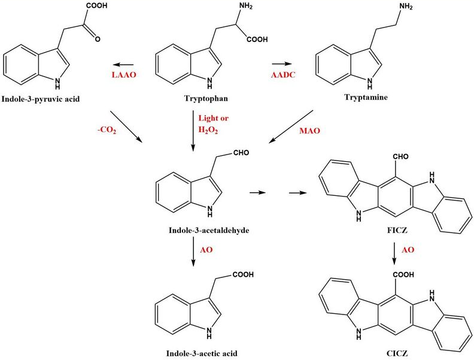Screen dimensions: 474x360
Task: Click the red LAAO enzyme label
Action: (124, 75)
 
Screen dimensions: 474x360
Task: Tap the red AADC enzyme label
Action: (283, 75)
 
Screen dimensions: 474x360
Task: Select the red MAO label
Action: (309, 131)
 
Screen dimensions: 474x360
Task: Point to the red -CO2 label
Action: (107, 131)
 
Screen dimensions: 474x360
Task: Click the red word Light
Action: (207, 118)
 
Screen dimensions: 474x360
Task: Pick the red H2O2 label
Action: (208, 130)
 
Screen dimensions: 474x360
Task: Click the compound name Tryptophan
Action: (206, 98)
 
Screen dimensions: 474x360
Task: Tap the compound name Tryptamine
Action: (366, 97)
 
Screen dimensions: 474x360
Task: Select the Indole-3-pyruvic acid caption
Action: (41, 99)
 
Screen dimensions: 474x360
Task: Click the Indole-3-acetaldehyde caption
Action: (209, 231)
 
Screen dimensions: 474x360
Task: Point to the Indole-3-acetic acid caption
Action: (202, 353)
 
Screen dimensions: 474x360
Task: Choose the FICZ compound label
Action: (397, 231)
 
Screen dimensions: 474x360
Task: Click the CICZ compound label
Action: (397, 353)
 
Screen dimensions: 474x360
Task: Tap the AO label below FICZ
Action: (408, 250)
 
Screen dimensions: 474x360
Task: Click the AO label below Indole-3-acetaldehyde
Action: (206, 250)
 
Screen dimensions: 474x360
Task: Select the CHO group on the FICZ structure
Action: (401, 156)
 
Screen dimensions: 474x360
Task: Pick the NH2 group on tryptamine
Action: (405, 7)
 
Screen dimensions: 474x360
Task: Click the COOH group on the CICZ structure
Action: (403, 275)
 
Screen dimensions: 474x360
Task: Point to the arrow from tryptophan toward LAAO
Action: (124, 65)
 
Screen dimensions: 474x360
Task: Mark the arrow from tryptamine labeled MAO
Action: (291, 126)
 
